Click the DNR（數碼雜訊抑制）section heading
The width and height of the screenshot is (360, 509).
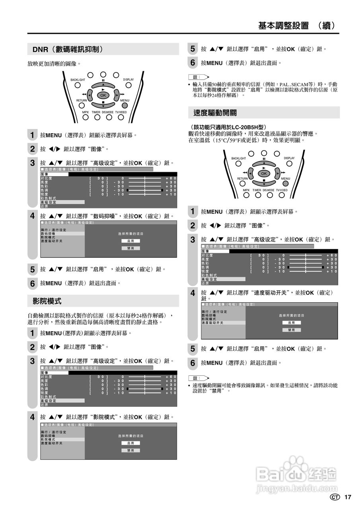point(68,49)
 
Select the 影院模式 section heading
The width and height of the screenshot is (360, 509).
point(47,301)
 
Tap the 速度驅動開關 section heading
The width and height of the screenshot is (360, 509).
point(215,113)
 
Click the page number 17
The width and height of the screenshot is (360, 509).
point(348,497)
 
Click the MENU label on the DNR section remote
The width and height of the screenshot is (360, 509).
point(125,100)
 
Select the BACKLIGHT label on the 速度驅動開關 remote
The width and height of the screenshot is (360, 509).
point(239,158)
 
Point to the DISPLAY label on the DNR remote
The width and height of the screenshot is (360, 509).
point(128,80)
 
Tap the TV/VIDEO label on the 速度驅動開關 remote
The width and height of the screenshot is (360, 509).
point(282,190)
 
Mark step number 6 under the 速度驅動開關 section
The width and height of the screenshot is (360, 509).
point(193,363)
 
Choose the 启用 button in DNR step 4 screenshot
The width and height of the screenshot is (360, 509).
point(130,241)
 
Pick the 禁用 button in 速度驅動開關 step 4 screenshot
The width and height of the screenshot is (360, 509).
point(292,330)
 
